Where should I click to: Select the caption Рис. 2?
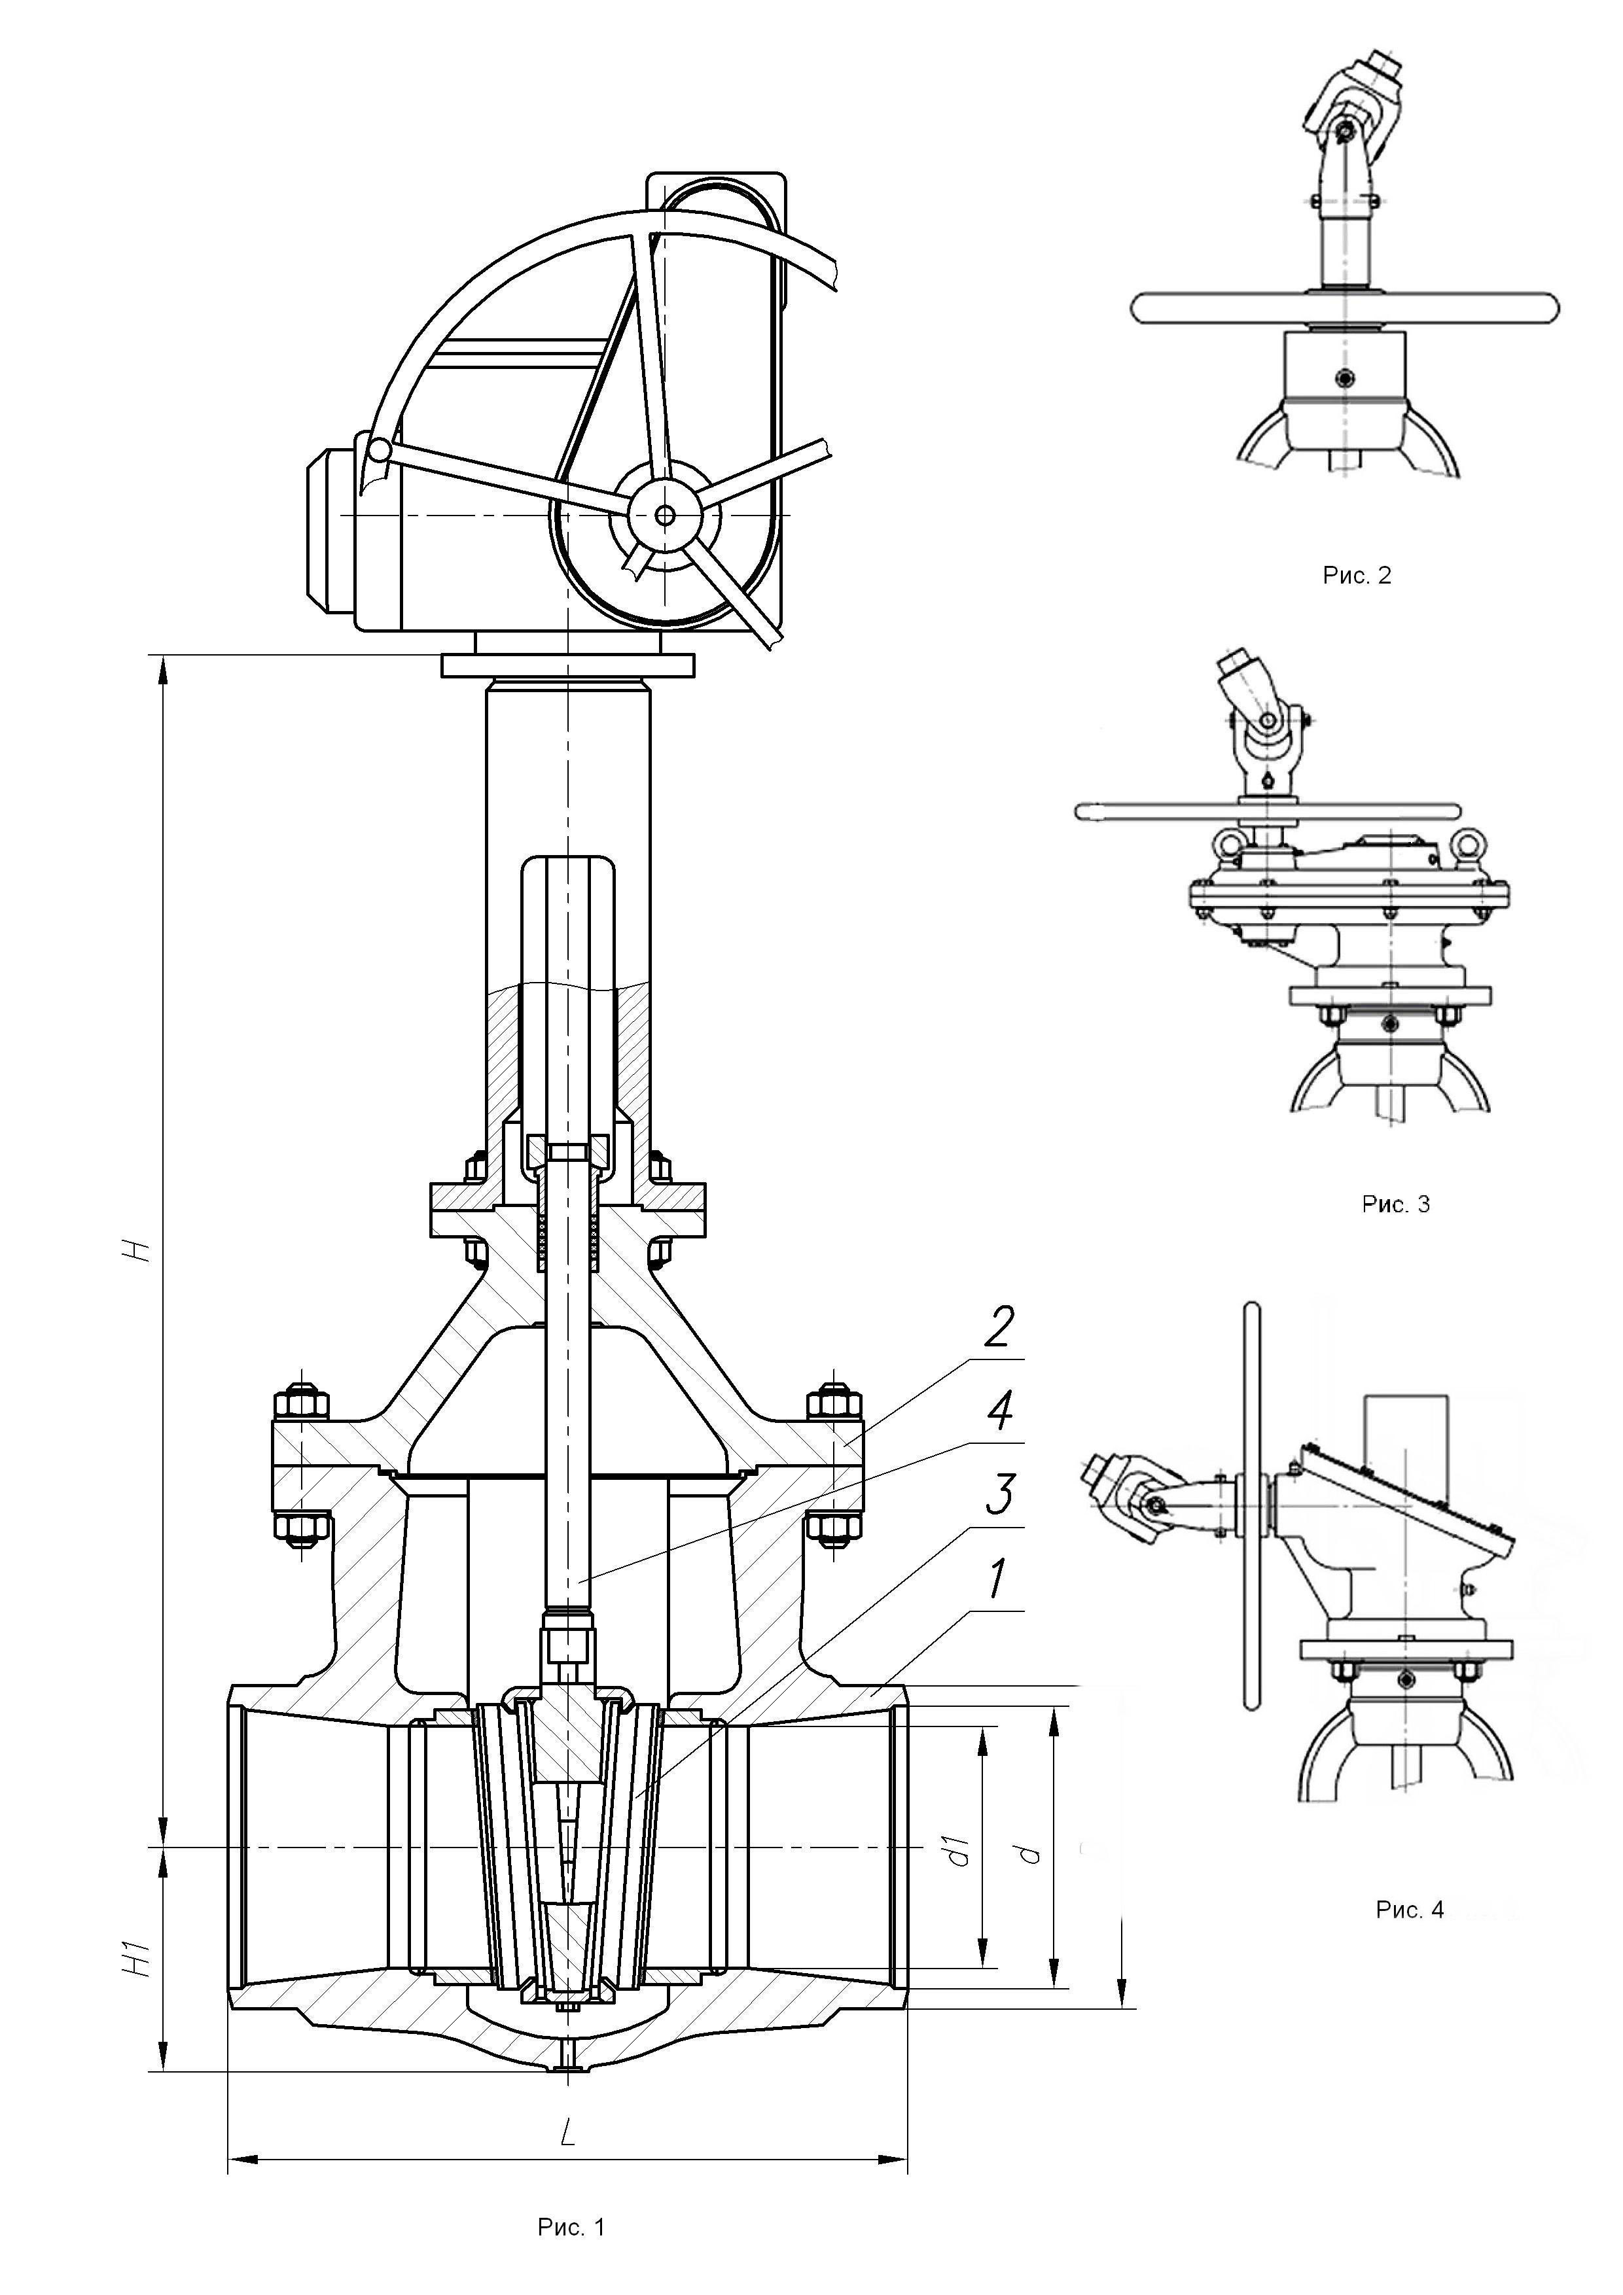click(x=1357, y=575)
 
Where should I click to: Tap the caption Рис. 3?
click(x=1396, y=1204)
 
